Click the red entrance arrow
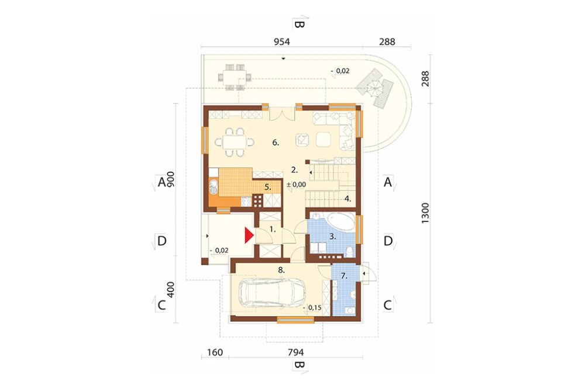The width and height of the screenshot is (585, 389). point(249,235)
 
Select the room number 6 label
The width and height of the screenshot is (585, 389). point(276,143)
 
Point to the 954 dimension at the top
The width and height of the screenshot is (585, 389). point(282,41)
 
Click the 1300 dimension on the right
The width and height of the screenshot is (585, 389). point(425,213)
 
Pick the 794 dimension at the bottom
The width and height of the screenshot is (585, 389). point(296,352)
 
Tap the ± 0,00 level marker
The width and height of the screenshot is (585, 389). point(296,185)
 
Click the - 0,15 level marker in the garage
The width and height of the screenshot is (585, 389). point(312,308)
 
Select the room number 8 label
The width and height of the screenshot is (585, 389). point(281,270)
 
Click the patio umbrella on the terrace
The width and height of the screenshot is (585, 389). point(374,90)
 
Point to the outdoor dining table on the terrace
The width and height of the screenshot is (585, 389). point(235,78)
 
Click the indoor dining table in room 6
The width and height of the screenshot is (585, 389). point(235,142)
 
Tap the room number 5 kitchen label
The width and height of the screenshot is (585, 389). point(267,187)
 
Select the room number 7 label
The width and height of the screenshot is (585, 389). point(344,276)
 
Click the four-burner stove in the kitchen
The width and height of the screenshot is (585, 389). point(258,200)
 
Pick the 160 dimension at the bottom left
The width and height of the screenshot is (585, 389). point(215,352)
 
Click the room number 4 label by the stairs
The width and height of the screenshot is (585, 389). point(347,199)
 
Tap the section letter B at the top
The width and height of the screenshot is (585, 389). point(300,25)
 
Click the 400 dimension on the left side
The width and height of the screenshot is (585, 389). point(170,289)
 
